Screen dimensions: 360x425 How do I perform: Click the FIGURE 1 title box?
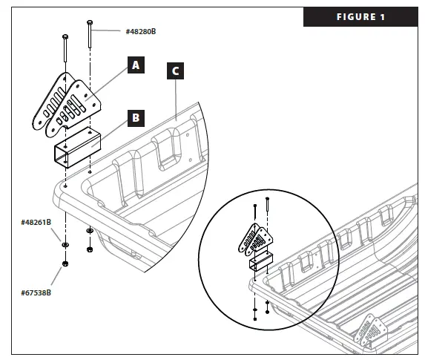coord(360,17)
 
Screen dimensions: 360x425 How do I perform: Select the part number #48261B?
coord(36,222)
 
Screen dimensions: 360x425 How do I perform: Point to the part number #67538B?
coord(36,292)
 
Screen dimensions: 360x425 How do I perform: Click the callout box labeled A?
coord(134,65)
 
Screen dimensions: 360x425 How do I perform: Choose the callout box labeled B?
coord(134,117)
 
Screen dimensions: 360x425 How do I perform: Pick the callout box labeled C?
coord(174,72)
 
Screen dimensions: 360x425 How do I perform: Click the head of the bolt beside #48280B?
coord(90,22)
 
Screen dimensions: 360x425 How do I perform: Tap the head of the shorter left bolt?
coord(65,36)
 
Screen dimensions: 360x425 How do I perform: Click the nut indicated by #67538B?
coord(65,264)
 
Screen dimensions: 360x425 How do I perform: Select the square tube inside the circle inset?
coord(261,262)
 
